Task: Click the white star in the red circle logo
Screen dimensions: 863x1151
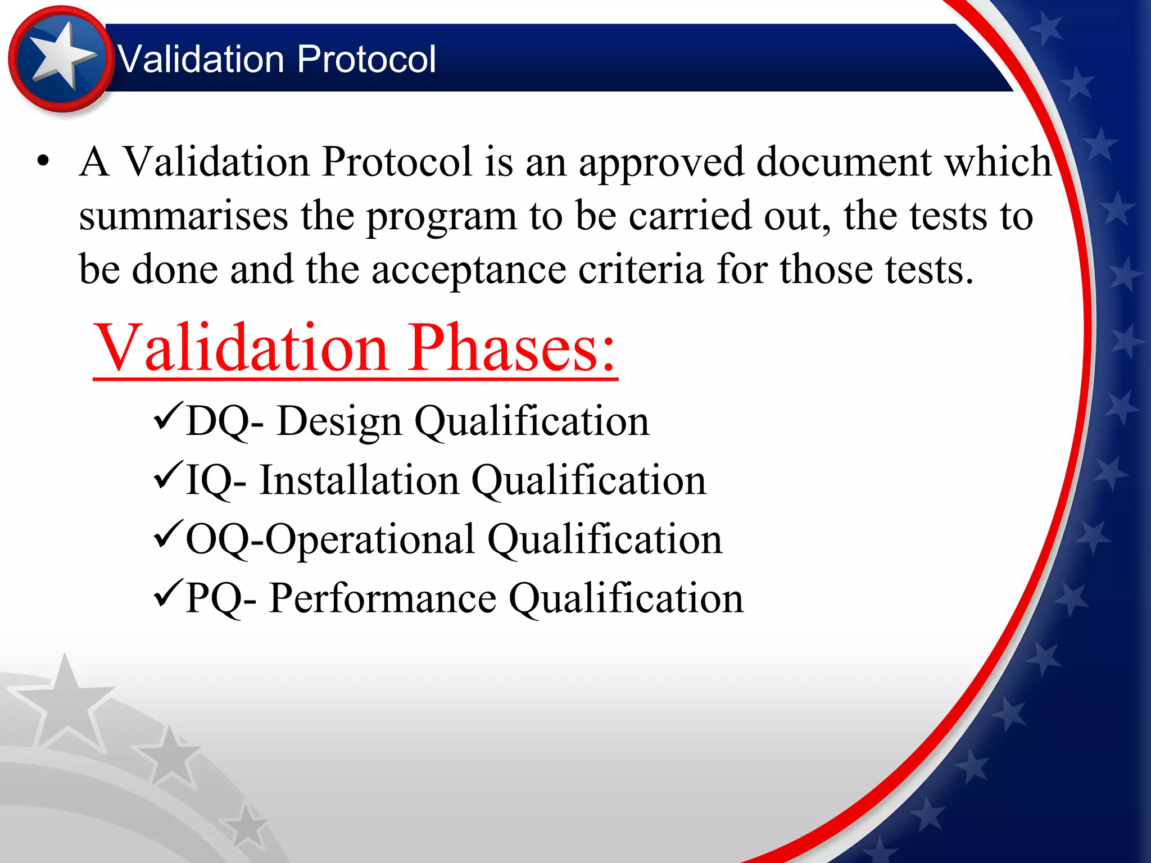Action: (x=60, y=56)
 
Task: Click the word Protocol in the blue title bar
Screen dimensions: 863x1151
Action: (x=366, y=59)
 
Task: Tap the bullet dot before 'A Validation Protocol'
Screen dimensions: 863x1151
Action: (x=43, y=162)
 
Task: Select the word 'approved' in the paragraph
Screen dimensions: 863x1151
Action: (x=661, y=163)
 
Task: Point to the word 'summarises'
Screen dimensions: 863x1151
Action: (x=183, y=216)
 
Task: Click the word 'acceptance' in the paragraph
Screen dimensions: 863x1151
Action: (x=469, y=270)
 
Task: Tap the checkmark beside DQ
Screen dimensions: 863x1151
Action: (x=167, y=416)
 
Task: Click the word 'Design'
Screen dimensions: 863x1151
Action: (x=339, y=421)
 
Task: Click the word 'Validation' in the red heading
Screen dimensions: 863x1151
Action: (x=242, y=348)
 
